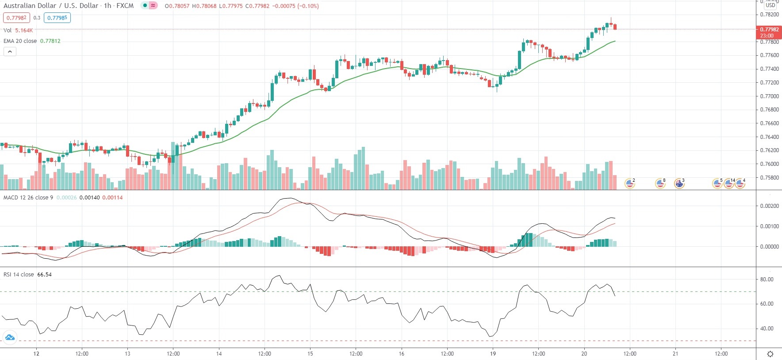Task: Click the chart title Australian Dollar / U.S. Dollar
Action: (51, 6)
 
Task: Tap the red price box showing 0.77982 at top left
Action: (16, 18)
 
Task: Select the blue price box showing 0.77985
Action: (57, 18)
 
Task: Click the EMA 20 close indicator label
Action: (20, 41)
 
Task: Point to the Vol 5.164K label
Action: (18, 30)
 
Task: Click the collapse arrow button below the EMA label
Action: (10, 51)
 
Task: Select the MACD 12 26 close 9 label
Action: (28, 197)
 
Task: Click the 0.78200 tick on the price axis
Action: (769, 15)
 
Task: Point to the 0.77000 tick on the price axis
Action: (769, 96)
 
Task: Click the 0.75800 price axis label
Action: (769, 178)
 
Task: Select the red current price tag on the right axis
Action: (769, 32)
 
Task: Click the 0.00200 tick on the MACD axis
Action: (769, 206)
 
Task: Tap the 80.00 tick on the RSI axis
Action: (767, 280)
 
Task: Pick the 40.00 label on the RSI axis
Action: (767, 329)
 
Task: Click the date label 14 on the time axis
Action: (219, 353)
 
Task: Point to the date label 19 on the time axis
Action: (493, 353)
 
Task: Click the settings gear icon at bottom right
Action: (770, 354)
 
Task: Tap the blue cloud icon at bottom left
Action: (10, 338)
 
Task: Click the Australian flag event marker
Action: (679, 183)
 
